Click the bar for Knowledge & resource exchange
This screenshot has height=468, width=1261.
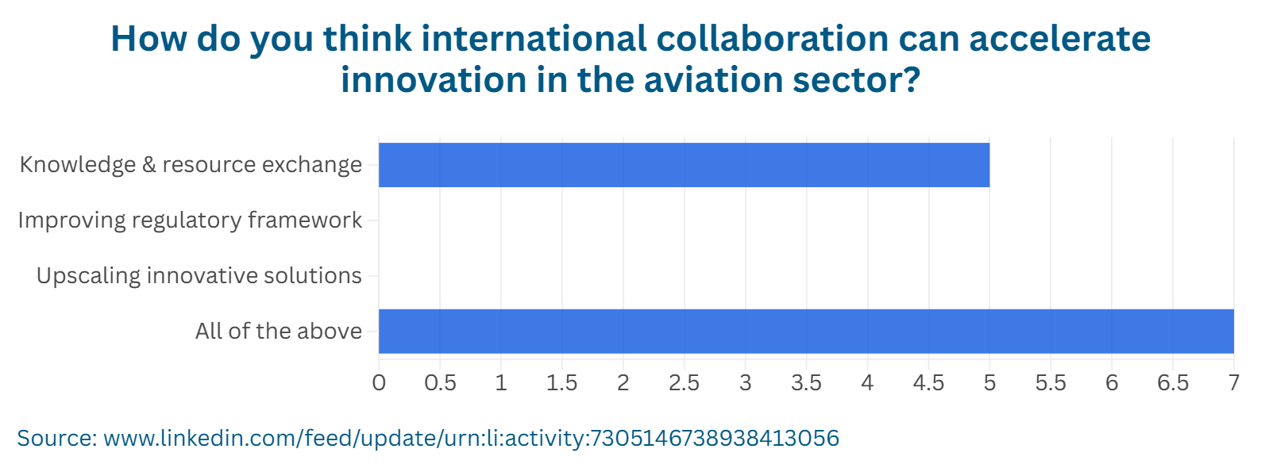[684, 165]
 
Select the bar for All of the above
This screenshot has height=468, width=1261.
[806, 331]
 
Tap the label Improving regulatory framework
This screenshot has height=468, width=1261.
[190, 220]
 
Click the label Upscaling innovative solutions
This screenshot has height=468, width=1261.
[199, 275]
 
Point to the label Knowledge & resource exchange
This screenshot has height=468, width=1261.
[191, 164]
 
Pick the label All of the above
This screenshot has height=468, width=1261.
[279, 331]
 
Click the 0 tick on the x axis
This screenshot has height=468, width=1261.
[379, 383]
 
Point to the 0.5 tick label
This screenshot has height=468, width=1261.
[440, 383]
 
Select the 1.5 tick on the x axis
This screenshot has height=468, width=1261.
[562, 383]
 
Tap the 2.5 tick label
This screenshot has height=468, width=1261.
[684, 383]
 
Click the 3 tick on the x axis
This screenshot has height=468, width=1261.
[745, 383]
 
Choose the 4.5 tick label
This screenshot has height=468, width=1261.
[928, 383]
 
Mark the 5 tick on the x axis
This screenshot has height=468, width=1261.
[989, 383]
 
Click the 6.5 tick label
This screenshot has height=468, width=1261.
[1173, 383]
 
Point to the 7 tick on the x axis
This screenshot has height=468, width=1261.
[1233, 383]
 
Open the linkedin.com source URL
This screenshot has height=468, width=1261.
[471, 438]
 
